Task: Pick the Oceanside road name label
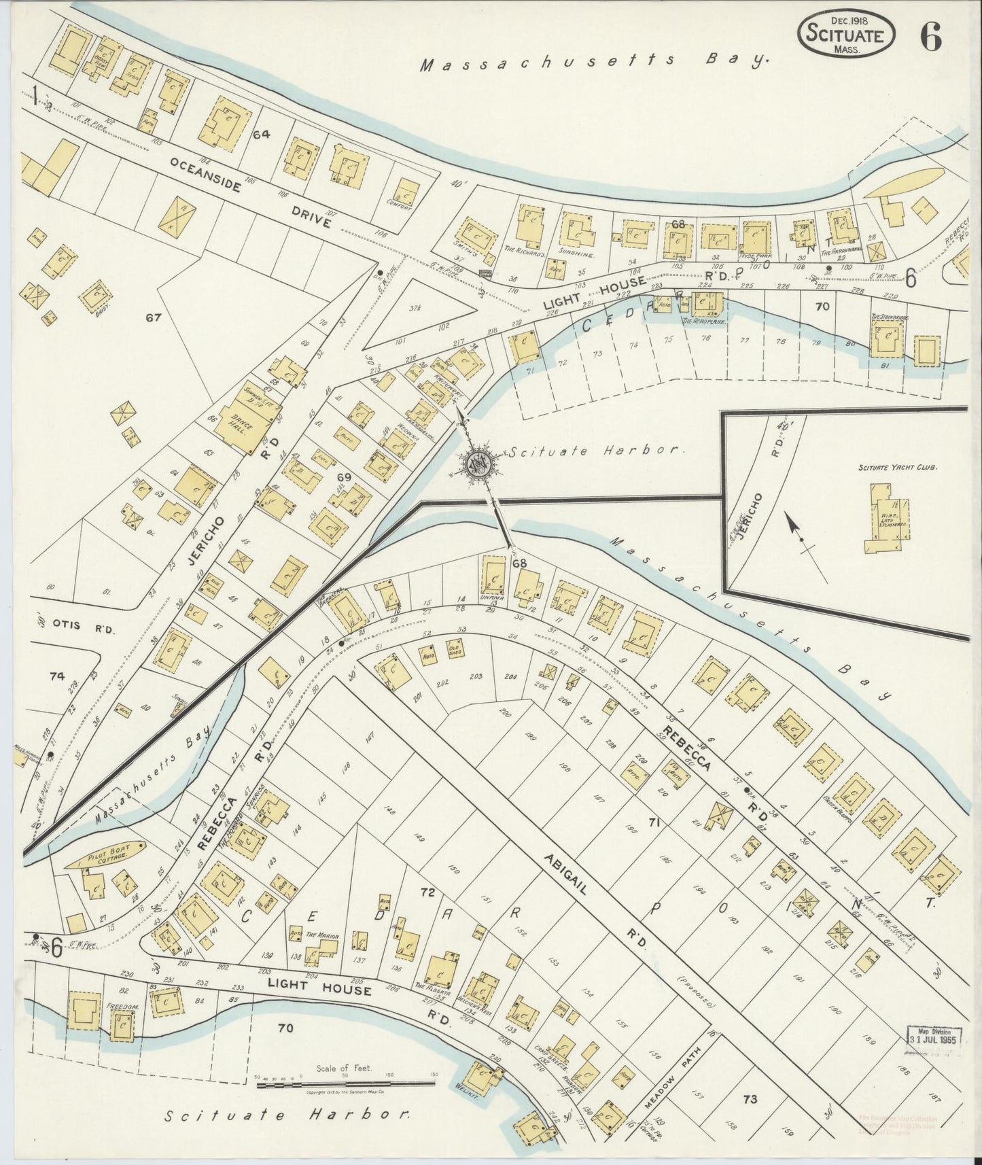coord(205,174)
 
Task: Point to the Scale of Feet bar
coord(345,1084)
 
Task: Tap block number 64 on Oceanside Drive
coord(262,135)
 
